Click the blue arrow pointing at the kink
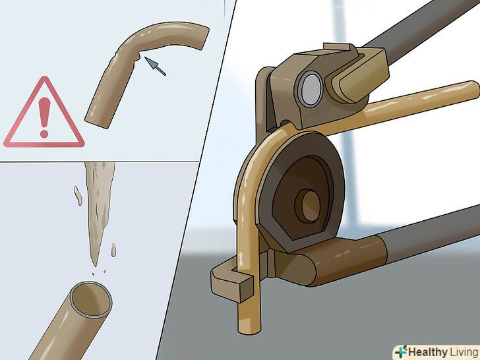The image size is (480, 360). (x=155, y=66)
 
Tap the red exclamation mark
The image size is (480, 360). (x=44, y=117)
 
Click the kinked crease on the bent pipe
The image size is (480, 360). (x=137, y=55)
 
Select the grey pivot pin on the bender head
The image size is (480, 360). (x=310, y=89)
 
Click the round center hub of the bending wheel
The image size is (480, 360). (x=307, y=206)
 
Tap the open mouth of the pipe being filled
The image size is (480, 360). (x=91, y=300)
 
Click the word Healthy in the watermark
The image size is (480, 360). (x=428, y=352)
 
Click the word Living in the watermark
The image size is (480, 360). (x=464, y=352)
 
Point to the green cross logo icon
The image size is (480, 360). (x=400, y=351)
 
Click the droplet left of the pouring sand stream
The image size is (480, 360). (x=78, y=196)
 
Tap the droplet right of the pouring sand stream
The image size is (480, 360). (x=113, y=250)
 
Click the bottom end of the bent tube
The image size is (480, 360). (x=249, y=329)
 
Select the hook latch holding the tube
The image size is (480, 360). (x=231, y=281)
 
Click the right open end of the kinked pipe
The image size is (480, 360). (x=204, y=38)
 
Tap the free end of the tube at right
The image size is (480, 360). (x=473, y=90)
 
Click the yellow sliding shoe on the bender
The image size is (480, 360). (x=357, y=76)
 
